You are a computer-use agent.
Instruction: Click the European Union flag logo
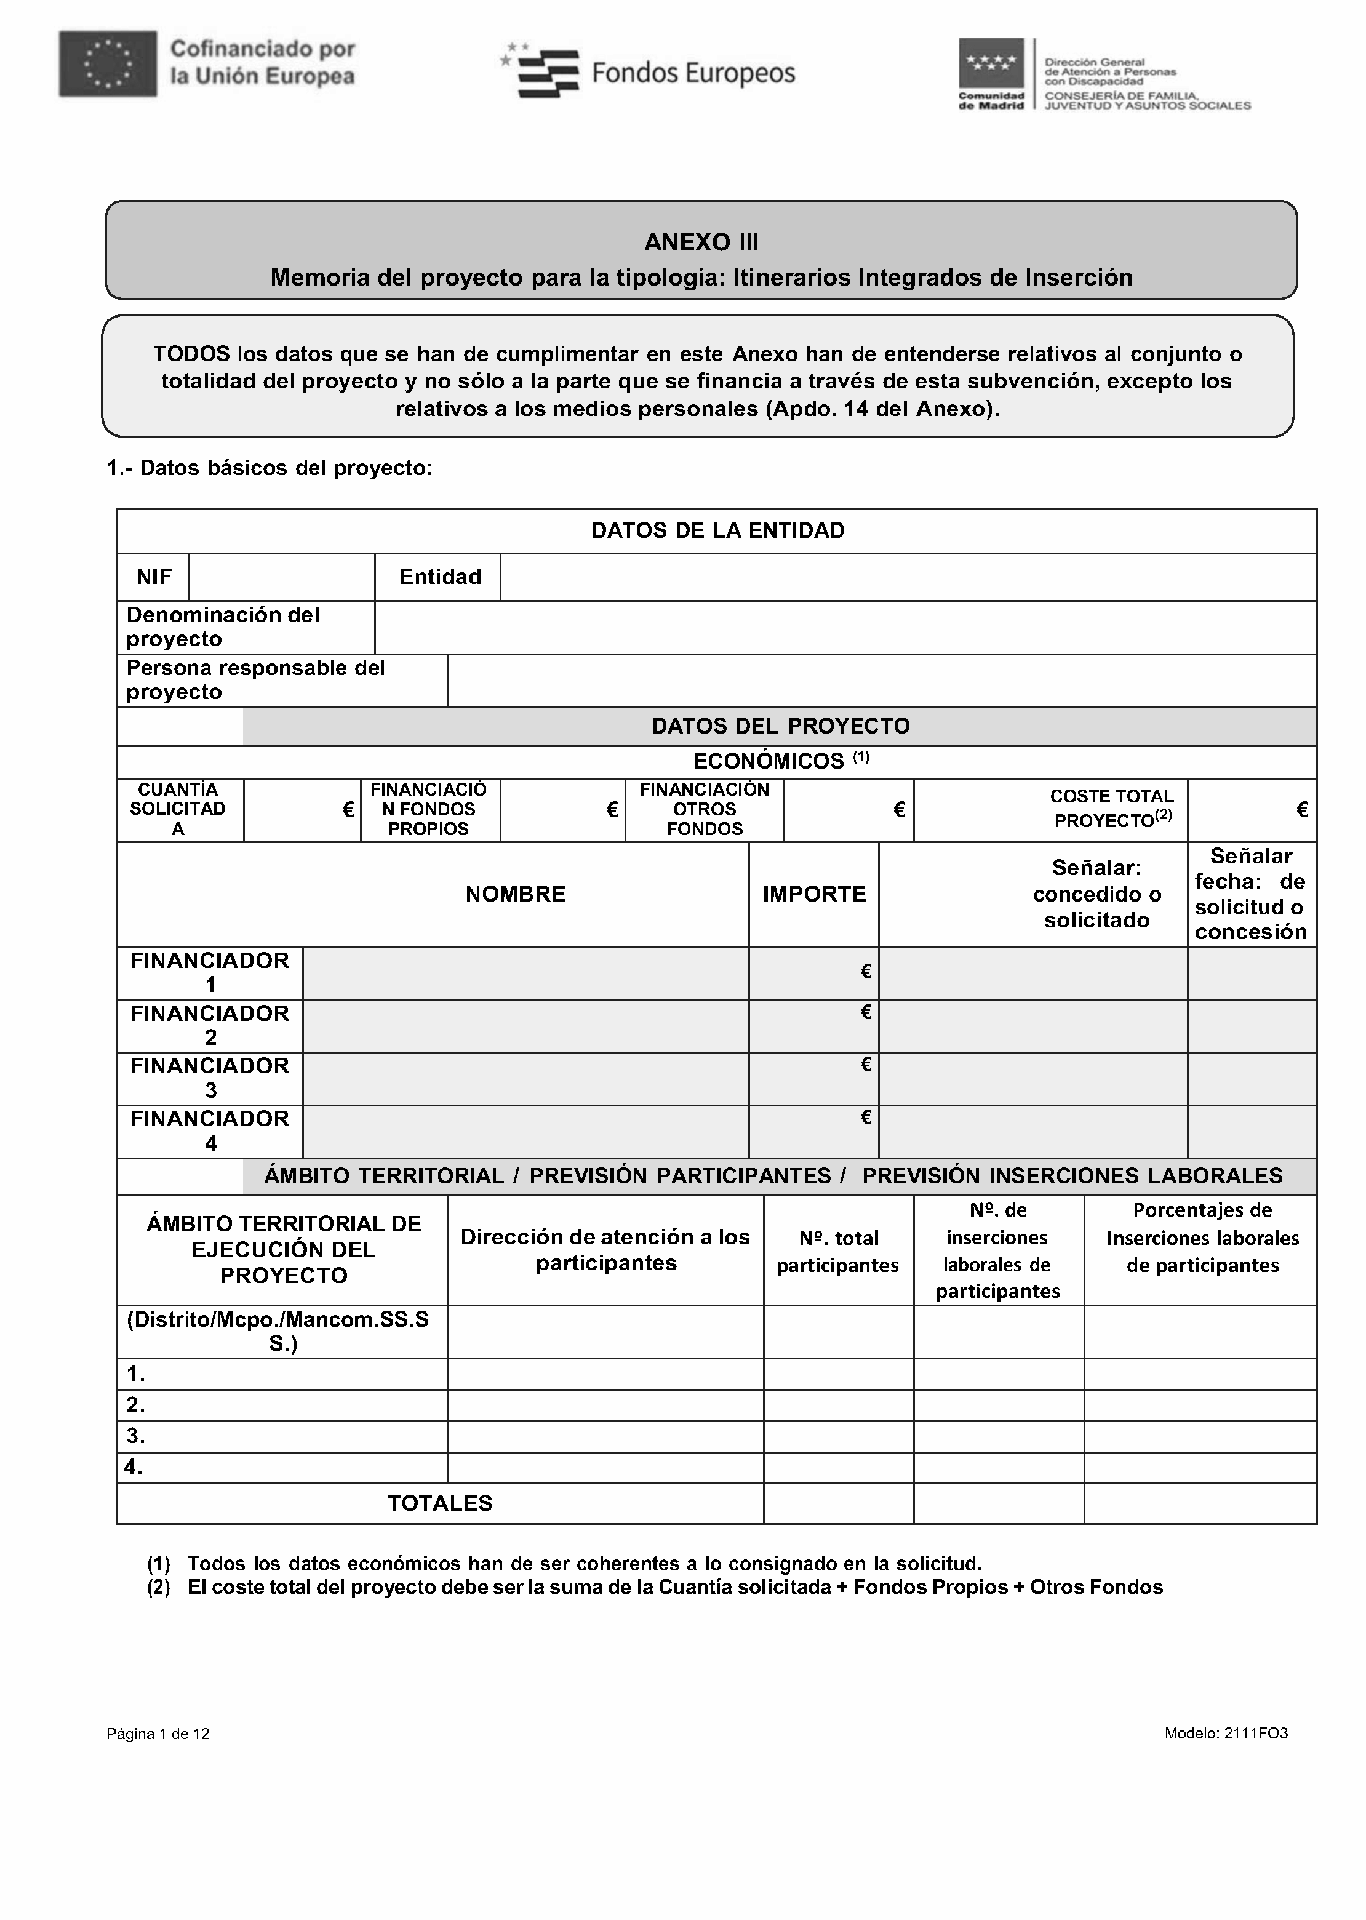[x=108, y=64]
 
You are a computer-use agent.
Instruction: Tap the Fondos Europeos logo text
[x=692, y=74]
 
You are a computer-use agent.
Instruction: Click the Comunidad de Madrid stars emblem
[x=991, y=62]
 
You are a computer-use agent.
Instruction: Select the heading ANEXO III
[x=701, y=242]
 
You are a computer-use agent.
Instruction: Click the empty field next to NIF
[x=281, y=577]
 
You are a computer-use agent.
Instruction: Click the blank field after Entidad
[x=907, y=577]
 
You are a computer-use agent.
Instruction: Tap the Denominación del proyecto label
[x=223, y=626]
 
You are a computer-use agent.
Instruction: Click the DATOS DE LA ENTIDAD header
[x=717, y=530]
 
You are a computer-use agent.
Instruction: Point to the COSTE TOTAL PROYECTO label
[x=1112, y=808]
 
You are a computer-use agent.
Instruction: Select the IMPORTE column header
[x=813, y=894]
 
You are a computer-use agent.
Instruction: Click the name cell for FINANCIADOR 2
[x=525, y=1026]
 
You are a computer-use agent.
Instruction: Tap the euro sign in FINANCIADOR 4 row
[x=866, y=1117]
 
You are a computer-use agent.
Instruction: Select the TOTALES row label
[x=439, y=1503]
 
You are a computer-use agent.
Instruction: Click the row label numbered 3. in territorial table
[x=136, y=1436]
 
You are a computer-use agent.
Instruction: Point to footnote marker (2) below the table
[x=159, y=1587]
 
